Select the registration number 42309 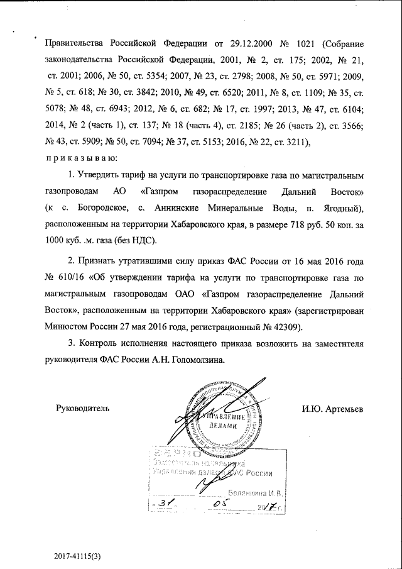[x=286, y=326]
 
